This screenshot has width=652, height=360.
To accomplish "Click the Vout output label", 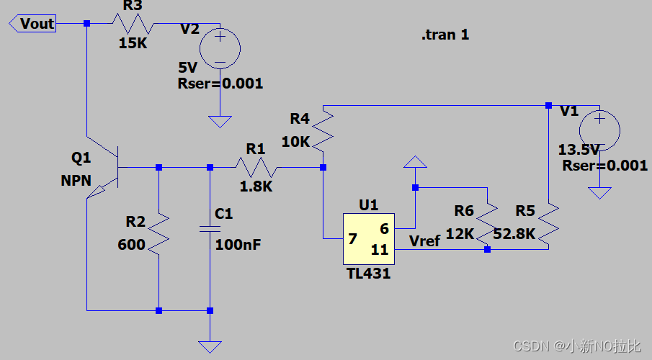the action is [32, 23].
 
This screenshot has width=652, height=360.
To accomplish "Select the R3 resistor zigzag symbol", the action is [133, 23].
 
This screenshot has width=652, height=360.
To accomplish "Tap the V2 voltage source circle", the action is [220, 48].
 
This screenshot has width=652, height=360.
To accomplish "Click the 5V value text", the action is [187, 68].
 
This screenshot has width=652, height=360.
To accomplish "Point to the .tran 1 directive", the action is [445, 35].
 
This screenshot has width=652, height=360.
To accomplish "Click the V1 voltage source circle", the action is [599, 130].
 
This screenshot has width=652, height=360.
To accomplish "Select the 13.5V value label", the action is [579, 149].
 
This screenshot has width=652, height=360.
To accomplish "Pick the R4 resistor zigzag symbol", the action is [323, 130].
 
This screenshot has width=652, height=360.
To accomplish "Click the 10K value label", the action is [295, 142].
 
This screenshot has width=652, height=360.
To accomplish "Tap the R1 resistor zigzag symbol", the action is [256, 167].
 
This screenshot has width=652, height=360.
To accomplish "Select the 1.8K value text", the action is [256, 186].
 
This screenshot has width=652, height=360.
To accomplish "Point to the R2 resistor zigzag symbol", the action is [158, 234].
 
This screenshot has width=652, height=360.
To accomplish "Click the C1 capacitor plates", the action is [210, 229].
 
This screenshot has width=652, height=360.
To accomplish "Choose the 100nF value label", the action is [238, 244].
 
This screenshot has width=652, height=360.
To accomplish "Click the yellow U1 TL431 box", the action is [369, 239].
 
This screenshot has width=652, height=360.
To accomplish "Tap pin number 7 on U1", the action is [352, 239].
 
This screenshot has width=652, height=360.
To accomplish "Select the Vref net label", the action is [424, 241].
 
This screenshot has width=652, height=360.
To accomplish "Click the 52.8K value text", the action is [514, 234].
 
